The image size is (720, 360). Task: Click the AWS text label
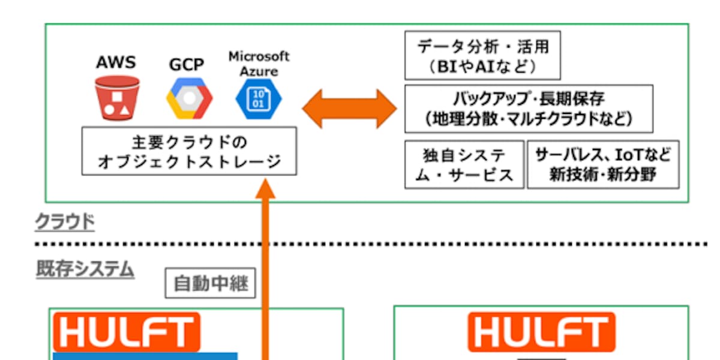click(x=116, y=62)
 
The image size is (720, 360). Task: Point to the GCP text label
click(x=187, y=64)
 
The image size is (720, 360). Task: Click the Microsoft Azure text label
click(x=259, y=63)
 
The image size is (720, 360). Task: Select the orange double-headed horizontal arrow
click(x=349, y=109)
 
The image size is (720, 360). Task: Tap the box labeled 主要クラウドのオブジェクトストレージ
click(x=189, y=151)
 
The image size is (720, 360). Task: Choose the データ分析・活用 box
click(x=482, y=55)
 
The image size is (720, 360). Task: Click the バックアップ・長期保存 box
click(x=529, y=109)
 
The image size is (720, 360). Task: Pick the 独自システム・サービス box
click(x=464, y=165)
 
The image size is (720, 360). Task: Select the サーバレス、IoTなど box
click(x=603, y=165)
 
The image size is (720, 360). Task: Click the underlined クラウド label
click(x=65, y=223)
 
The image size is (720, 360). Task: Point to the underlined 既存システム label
click(x=85, y=269)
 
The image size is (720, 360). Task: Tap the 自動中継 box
click(x=210, y=283)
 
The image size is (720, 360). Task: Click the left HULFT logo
click(x=127, y=332)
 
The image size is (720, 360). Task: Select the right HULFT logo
click(x=541, y=332)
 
